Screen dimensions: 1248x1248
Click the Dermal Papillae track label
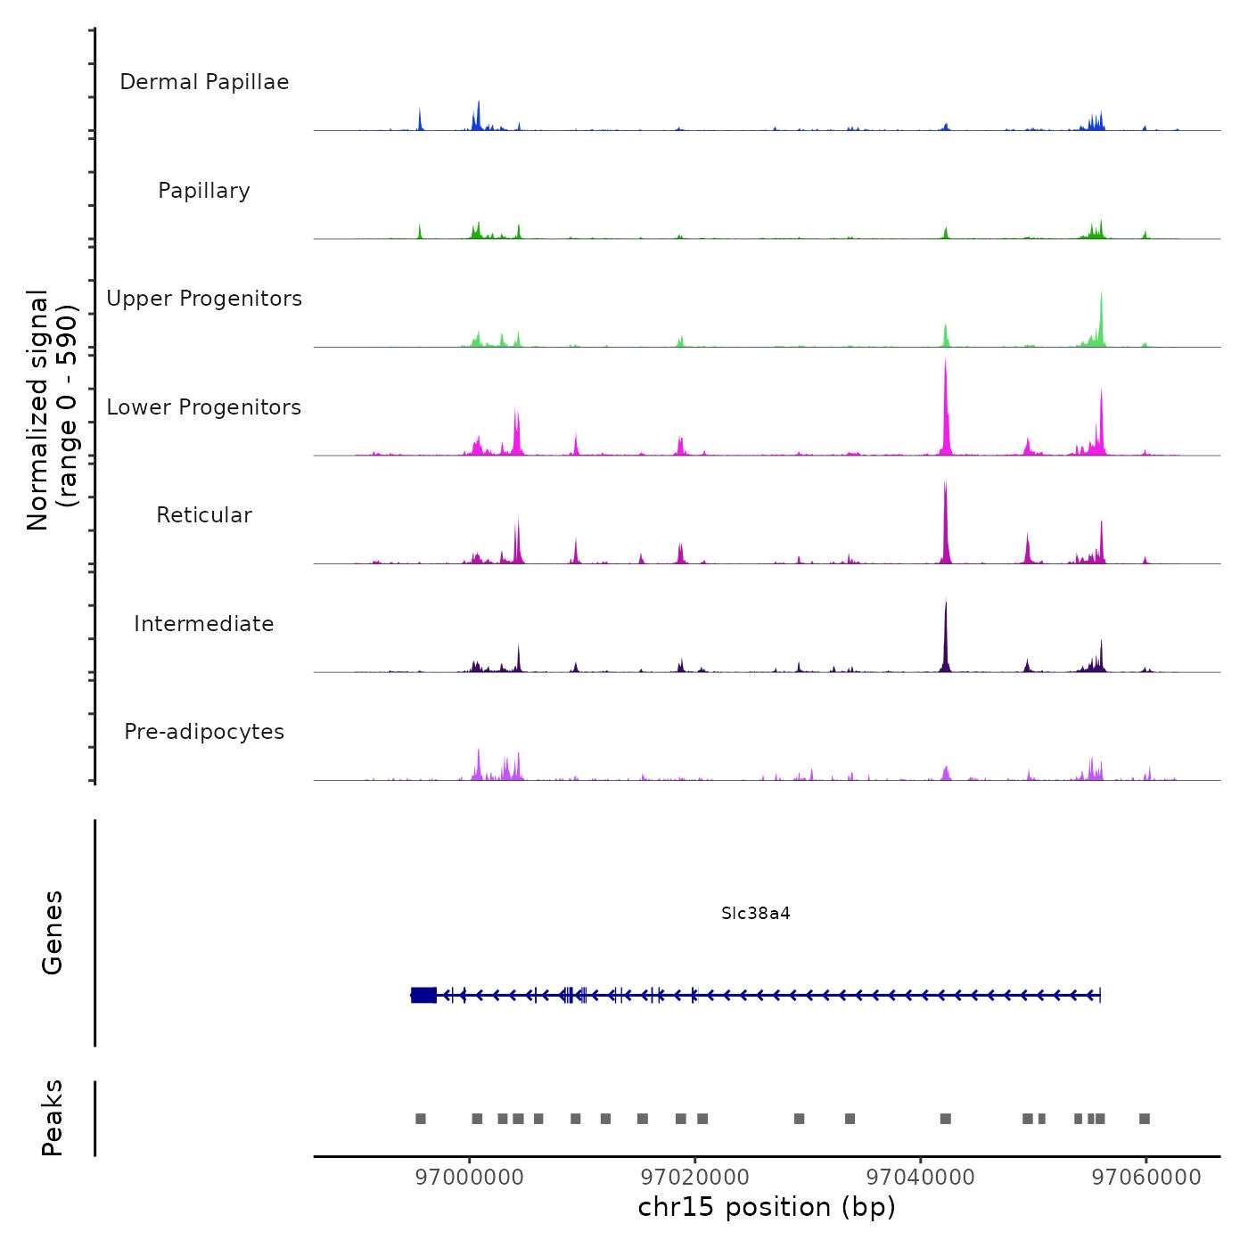pyautogui.click(x=204, y=82)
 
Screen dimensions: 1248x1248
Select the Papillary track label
pyautogui.click(x=204, y=191)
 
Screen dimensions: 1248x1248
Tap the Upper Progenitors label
pyautogui.click(x=204, y=299)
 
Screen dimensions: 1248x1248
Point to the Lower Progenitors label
pyautogui.click(x=204, y=407)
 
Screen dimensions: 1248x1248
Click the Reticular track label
pyautogui.click(x=204, y=515)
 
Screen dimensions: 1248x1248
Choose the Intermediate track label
pyautogui.click(x=204, y=624)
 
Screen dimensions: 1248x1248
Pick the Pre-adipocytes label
pyautogui.click(x=204, y=732)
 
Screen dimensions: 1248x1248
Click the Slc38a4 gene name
pyautogui.click(x=755, y=914)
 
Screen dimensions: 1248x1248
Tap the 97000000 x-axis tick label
pyautogui.click(x=470, y=1178)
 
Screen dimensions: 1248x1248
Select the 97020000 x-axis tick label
pyautogui.click(x=695, y=1178)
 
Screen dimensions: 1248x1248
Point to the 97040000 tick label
pyautogui.click(x=921, y=1178)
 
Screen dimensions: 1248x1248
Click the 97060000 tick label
pyautogui.click(x=1146, y=1178)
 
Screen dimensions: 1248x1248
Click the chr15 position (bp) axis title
pyautogui.click(x=767, y=1207)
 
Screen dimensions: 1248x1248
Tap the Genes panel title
pyautogui.click(x=53, y=932)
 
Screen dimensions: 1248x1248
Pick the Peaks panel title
pyautogui.click(x=53, y=1118)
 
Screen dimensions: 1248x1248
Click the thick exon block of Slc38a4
pyautogui.click(x=424, y=995)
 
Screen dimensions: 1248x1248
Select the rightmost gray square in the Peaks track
pyautogui.click(x=1145, y=1119)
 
